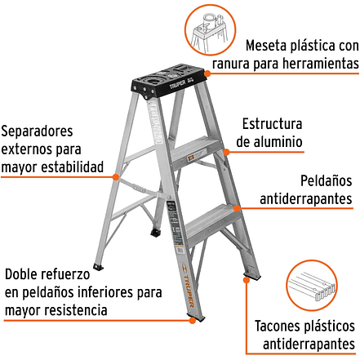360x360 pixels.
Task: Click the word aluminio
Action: [269, 142]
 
